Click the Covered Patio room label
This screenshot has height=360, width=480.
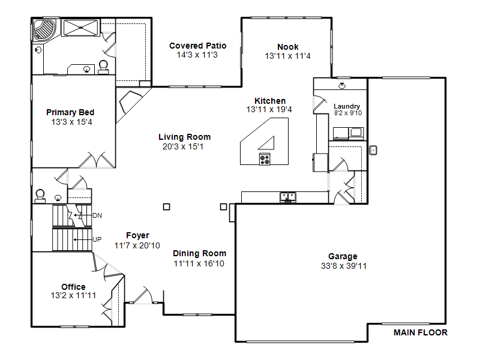pyautogui.click(x=198, y=46)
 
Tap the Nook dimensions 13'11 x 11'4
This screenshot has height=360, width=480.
pyautogui.click(x=288, y=56)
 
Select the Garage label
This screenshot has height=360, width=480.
pyautogui.click(x=343, y=257)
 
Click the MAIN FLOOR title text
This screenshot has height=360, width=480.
pyautogui.click(x=421, y=332)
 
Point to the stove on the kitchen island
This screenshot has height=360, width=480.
pyautogui.click(x=265, y=159)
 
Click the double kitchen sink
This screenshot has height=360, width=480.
pyautogui.click(x=288, y=197)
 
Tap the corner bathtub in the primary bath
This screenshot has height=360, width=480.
pyautogui.click(x=45, y=29)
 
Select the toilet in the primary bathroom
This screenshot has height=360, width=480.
pyautogui.click(x=103, y=67)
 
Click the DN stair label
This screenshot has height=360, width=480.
pyautogui.click(x=97, y=215)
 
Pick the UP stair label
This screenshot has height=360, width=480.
pyautogui.click(x=97, y=239)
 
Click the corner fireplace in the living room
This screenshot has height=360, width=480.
pyautogui.click(x=131, y=103)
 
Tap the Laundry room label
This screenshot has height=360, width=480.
pyautogui.click(x=347, y=106)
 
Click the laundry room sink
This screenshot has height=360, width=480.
pyautogui.click(x=342, y=86)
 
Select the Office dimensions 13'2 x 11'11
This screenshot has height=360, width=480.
pyautogui.click(x=73, y=295)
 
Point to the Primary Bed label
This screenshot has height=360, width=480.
pyautogui.click(x=70, y=112)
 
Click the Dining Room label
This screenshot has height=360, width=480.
pyautogui.click(x=200, y=253)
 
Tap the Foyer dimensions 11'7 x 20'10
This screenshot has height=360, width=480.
pyautogui.click(x=137, y=245)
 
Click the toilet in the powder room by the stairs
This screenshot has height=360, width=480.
pyautogui.click(x=40, y=196)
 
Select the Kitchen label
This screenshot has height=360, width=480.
pyautogui.click(x=270, y=101)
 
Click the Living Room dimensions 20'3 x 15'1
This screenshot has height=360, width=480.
pyautogui.click(x=183, y=146)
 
